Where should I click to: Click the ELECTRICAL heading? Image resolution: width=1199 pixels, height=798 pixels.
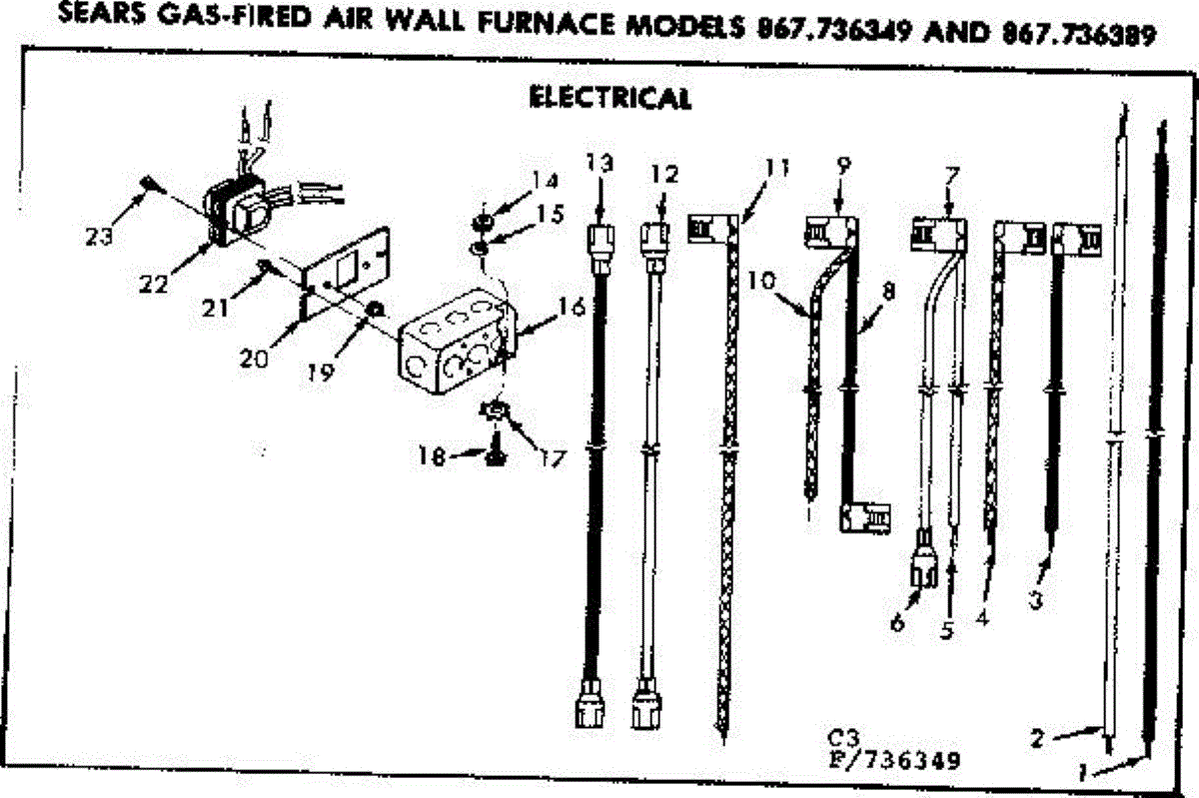[x=608, y=98]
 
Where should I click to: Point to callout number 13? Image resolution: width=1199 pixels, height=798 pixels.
[x=598, y=163]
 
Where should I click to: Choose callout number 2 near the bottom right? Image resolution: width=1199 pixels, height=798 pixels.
[x=1036, y=739]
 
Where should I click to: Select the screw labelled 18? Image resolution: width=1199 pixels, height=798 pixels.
[x=494, y=453]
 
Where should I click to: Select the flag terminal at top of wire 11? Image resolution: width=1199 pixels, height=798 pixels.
[x=711, y=227]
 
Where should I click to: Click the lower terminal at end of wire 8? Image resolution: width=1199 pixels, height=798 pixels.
[x=862, y=518]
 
